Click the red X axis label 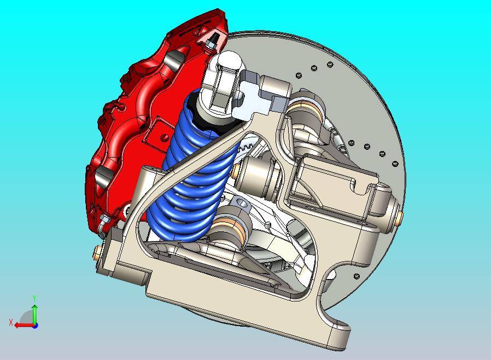pos(11,322)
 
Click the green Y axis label pos(34,298)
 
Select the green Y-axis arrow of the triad pos(34,313)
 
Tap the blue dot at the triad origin pos(35,325)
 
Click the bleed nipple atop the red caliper pos(209,43)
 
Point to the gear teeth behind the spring pos(245,146)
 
